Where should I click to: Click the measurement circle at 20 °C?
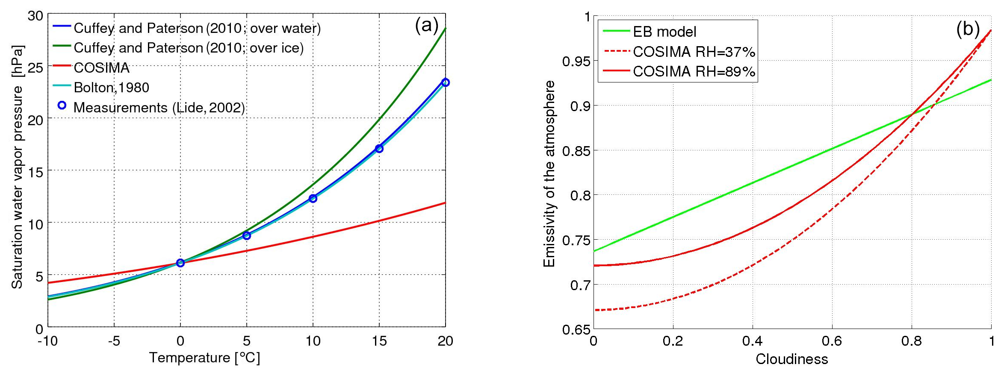coord(445,82)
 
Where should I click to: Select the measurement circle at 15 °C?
coord(379,149)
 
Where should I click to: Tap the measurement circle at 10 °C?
coord(313,198)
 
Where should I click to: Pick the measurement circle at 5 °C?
coord(247,235)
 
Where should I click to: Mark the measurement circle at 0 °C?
coord(180,263)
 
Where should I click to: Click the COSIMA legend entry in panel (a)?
coord(101,68)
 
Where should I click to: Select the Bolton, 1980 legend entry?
coord(111,88)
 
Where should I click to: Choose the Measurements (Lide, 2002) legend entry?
coord(159,107)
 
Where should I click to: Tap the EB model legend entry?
coord(664,32)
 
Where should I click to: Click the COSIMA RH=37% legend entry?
coord(694,52)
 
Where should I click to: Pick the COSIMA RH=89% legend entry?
coord(694,71)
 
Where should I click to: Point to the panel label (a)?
coord(426,26)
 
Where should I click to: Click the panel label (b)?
coord(968,29)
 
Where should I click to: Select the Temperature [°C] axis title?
coord(204,358)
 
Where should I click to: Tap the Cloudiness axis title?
coord(791,359)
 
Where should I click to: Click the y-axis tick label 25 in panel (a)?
coord(35,68)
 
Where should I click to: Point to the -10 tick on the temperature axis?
coord(47,341)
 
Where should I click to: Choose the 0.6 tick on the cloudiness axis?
coord(832,341)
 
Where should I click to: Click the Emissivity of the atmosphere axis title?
coord(549,173)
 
